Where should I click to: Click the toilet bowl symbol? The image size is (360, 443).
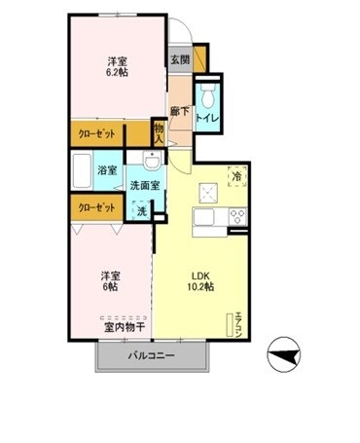tap(208, 94)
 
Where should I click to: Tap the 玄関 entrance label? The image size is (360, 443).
tap(180, 59)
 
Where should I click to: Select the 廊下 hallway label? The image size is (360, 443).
tap(180, 111)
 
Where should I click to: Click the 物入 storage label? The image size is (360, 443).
tap(159, 133)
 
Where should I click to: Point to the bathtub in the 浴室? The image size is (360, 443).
tap(82, 170)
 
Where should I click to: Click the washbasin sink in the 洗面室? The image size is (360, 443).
tap(152, 160)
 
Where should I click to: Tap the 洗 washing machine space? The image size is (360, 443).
tap(141, 211)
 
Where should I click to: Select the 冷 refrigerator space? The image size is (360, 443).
tap(237, 176)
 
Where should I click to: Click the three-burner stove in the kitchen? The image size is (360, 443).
tap(238, 216)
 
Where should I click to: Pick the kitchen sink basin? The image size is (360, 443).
tap(203, 216)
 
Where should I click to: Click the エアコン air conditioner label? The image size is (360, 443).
tap(239, 324)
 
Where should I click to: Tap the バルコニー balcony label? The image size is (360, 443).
tap(152, 355)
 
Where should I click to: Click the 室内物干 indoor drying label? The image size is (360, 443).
tap(125, 327)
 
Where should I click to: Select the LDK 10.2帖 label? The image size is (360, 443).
tap(201, 281)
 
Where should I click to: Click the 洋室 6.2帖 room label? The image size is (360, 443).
tap(117, 66)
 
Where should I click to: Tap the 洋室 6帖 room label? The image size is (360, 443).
tap(111, 281)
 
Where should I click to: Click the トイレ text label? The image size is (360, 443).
tap(208, 119)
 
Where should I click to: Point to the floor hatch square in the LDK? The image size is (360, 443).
tap(208, 193)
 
